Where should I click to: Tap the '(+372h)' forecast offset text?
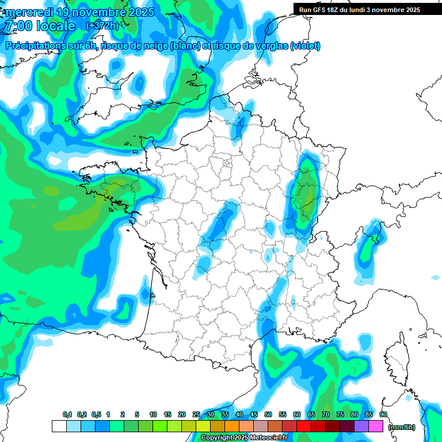pyautogui.click(x=102, y=26)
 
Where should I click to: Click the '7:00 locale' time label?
pyautogui.click(x=40, y=26)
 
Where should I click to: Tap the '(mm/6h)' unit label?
pyautogui.click(x=402, y=427)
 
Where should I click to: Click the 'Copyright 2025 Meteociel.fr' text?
pyautogui.click(x=245, y=438)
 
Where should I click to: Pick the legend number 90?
pyautogui.click(x=383, y=414)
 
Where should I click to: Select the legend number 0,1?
pyautogui.click(x=67, y=414)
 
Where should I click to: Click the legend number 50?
pyautogui.click(x=268, y=414)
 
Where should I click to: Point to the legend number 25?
pyautogui.click(x=196, y=414)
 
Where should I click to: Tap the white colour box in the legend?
pyautogui.click(x=59, y=426)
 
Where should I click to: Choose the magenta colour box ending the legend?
pyautogui.click(x=376, y=426)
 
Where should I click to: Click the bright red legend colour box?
pyautogui.click(x=304, y=426)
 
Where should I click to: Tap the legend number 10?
pyautogui.click(x=153, y=414)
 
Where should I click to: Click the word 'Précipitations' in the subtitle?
pyautogui.click(x=35, y=46)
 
